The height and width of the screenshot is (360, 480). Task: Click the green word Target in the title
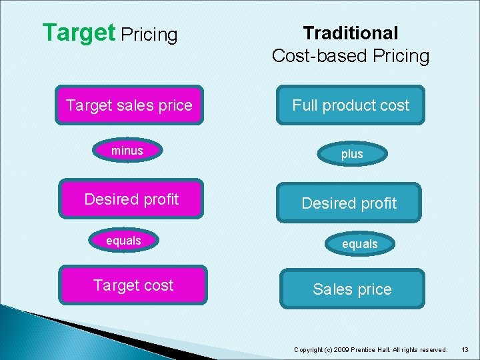pos(78,33)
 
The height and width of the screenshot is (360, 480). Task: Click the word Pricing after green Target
pos(149,35)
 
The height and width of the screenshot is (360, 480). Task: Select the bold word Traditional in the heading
pos(351,33)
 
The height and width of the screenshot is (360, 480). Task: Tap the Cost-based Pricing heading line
pos(351,56)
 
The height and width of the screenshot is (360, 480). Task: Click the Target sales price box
pos(129,105)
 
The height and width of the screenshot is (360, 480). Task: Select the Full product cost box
pos(351,105)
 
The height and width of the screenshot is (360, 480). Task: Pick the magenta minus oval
pos(127,151)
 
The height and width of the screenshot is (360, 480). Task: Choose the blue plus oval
pos(352,154)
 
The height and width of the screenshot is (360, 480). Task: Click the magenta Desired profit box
pos(131,199)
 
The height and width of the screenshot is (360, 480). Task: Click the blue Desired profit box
pos(349,203)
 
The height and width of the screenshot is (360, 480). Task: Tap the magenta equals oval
pos(124,241)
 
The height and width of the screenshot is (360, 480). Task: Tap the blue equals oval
pos(360,244)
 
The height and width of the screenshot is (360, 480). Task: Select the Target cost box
pos(133,285)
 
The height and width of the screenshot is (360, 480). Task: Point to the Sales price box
pos(352,289)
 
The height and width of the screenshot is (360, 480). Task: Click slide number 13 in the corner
pos(465,349)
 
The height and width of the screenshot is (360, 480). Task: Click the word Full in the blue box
pos(305,105)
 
